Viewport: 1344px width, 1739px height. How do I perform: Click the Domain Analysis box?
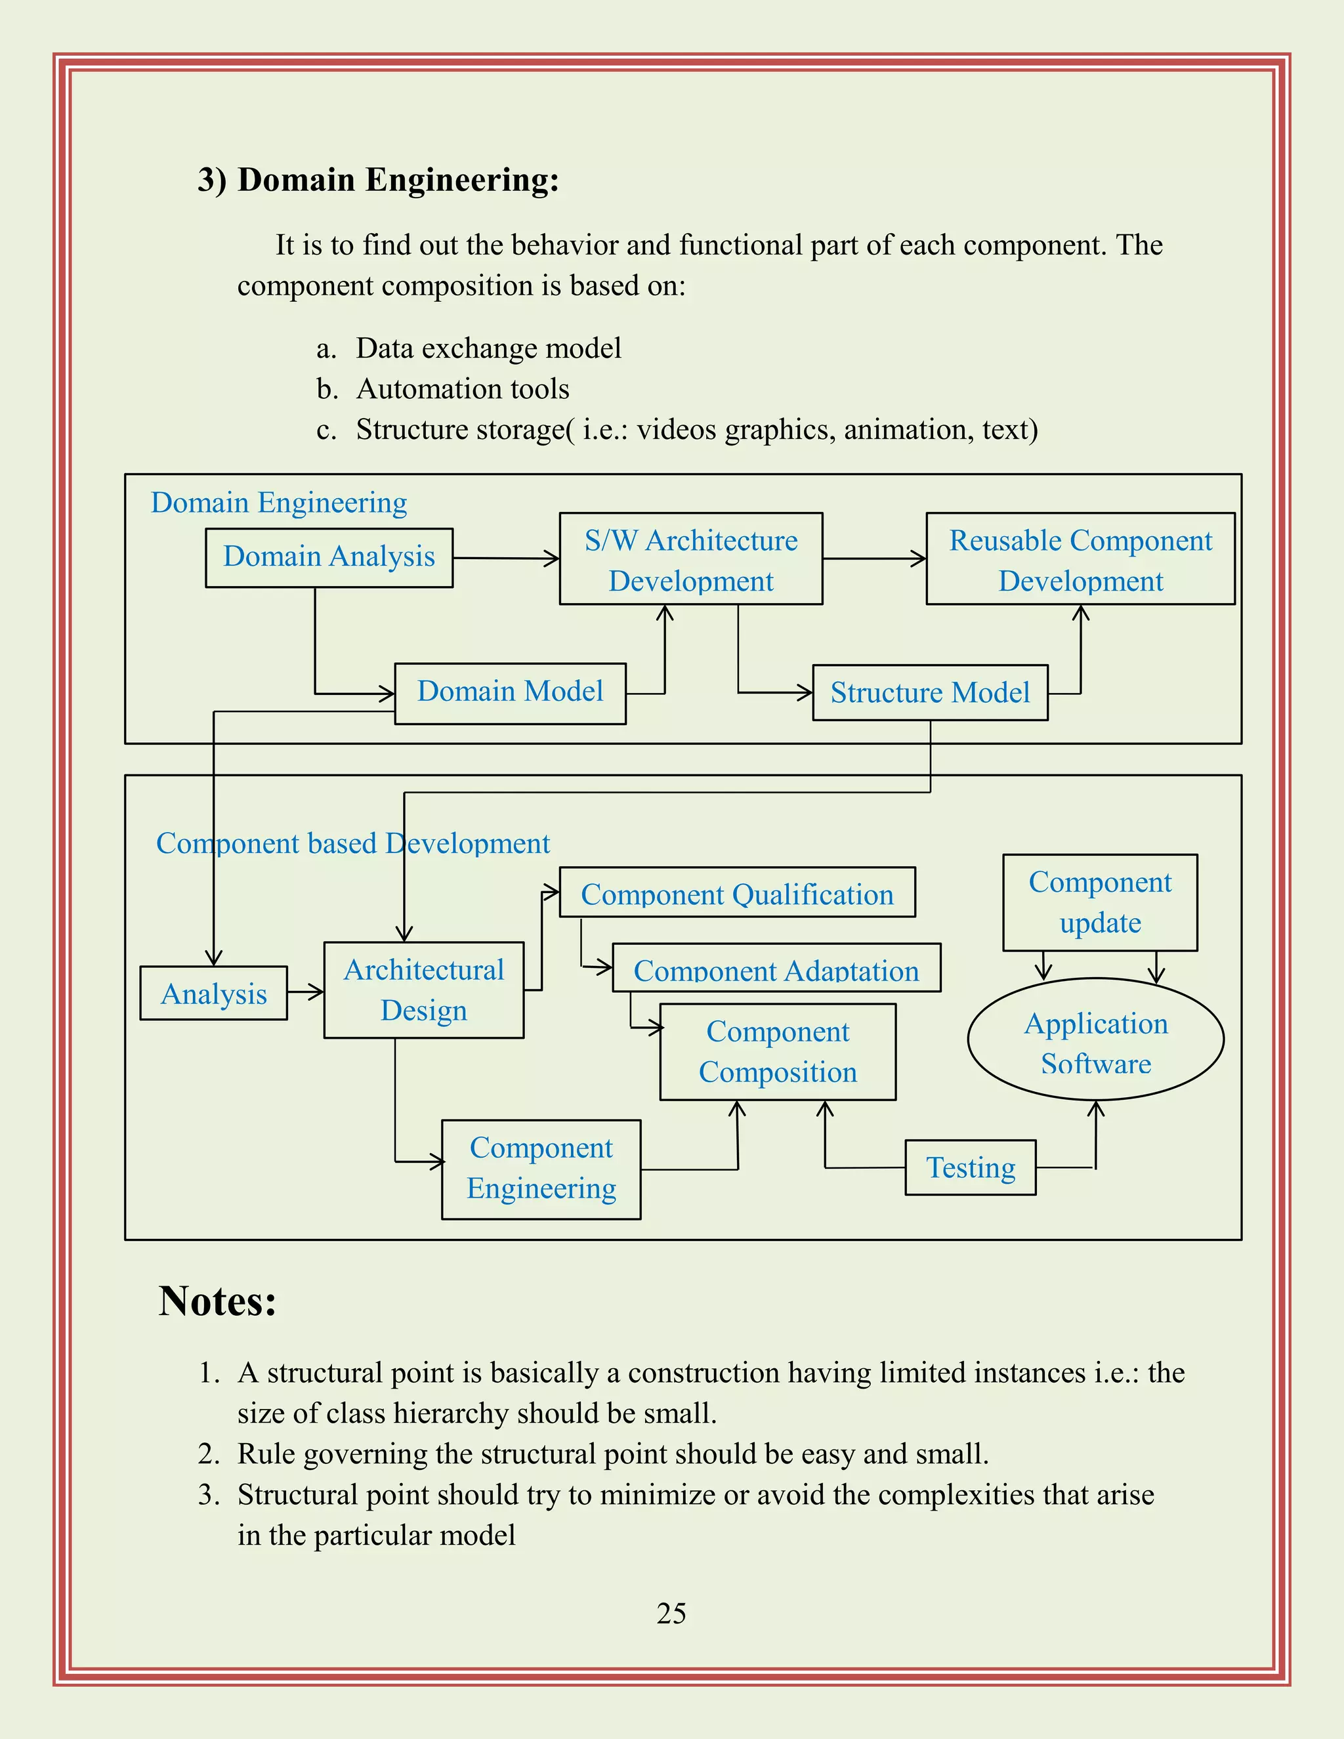click(x=329, y=557)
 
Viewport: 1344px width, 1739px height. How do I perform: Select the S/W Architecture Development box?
click(x=690, y=559)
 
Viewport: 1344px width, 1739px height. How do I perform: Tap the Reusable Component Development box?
click(x=1080, y=559)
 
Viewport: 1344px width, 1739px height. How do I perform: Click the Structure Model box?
click(x=929, y=693)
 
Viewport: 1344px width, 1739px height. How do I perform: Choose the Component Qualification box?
click(x=736, y=892)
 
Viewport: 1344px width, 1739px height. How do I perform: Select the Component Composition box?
click(x=777, y=1052)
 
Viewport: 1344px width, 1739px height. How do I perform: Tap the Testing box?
click(x=970, y=1168)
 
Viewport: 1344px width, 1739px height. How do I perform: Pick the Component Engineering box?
click(x=541, y=1169)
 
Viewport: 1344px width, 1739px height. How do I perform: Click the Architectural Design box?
click(x=423, y=990)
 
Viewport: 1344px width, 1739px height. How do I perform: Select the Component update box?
click(x=1100, y=902)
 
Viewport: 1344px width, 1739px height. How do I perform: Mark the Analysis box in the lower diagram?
click(x=213, y=993)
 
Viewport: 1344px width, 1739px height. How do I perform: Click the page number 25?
click(x=671, y=1613)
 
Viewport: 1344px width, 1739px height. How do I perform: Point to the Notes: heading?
click(x=217, y=1301)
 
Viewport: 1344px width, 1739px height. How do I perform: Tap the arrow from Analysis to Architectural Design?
click(x=305, y=992)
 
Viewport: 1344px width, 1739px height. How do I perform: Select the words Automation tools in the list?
click(x=463, y=388)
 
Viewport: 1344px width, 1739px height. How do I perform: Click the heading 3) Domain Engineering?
click(x=378, y=180)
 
